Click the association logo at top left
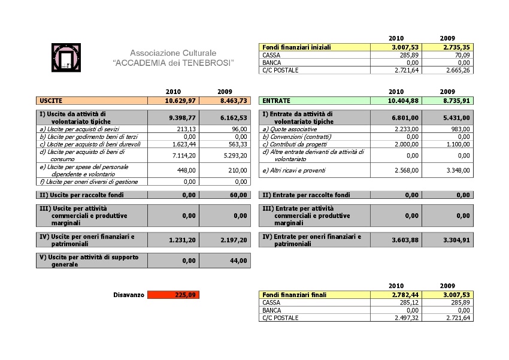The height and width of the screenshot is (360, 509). [66, 58]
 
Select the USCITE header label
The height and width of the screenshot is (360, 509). [51, 101]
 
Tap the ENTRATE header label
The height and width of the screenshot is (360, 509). [276, 101]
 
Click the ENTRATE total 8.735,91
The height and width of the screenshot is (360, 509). [456, 101]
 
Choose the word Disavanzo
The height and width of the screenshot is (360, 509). [129, 295]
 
